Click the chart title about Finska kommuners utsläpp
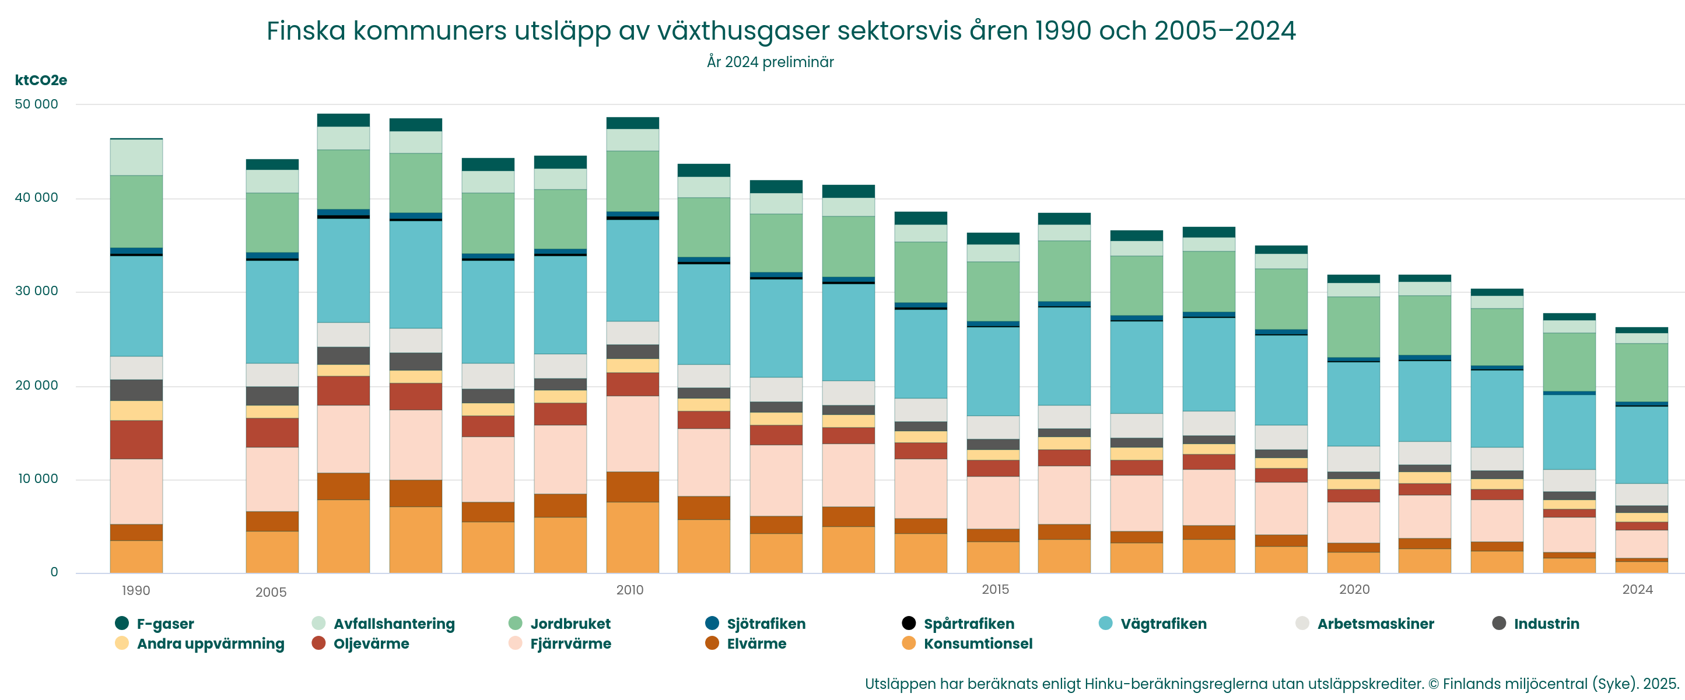pyautogui.click(x=780, y=31)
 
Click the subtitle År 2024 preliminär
pyautogui.click(x=770, y=62)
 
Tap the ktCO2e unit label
pyautogui.click(x=41, y=80)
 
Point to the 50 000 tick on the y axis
pyautogui.click(x=37, y=104)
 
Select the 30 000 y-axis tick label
pyautogui.click(x=37, y=291)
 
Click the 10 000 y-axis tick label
pyautogui.click(x=38, y=479)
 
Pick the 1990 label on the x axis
pyautogui.click(x=136, y=591)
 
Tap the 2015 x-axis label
pyautogui.click(x=995, y=589)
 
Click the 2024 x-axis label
pyautogui.click(x=1637, y=589)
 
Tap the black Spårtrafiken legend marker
pyautogui.click(x=909, y=623)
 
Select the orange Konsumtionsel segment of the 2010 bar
pyautogui.click(x=632, y=538)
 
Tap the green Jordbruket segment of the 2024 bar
pyautogui.click(x=1641, y=372)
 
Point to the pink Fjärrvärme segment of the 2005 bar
pyautogui.click(x=272, y=480)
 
